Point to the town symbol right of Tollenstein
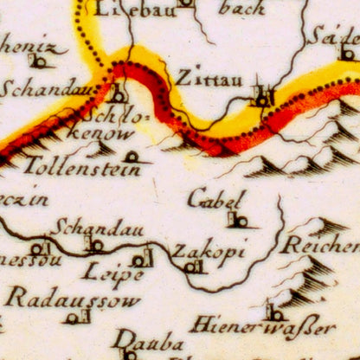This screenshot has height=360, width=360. [132, 157]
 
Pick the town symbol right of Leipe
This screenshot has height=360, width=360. [140, 259]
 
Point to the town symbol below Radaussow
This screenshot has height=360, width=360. [73, 318]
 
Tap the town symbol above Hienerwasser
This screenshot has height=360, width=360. [273, 312]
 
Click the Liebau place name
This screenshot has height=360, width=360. [130, 10]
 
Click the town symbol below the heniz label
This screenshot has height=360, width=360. [38, 62]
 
